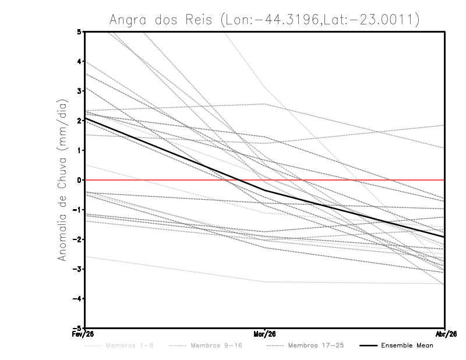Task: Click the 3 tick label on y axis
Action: click(79, 91)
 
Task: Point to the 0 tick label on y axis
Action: click(79, 180)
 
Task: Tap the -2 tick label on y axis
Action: click(77, 239)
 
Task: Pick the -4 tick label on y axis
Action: click(77, 299)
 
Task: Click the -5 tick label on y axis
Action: click(77, 329)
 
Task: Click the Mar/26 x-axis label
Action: click(265, 334)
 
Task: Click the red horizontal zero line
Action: click(349, 180)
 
